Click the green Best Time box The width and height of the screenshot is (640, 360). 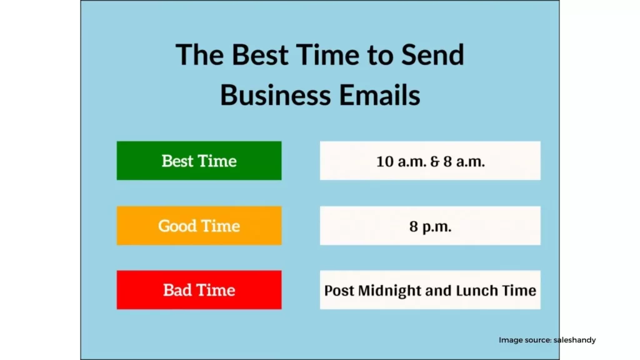(199, 161)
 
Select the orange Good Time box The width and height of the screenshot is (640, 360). (199, 225)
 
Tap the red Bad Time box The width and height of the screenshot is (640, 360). (199, 290)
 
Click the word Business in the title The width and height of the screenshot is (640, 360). (276, 95)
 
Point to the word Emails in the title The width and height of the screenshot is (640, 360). (379, 95)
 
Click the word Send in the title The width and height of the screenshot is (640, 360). (432, 54)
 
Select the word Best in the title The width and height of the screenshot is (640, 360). (259, 54)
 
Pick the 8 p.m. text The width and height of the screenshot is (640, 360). (430, 226)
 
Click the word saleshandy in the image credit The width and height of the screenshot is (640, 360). (575, 340)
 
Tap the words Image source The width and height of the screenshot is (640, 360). (525, 340)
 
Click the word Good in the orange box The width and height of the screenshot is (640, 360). (176, 226)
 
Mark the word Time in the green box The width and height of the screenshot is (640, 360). (217, 161)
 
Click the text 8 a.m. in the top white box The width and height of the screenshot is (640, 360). (464, 162)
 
